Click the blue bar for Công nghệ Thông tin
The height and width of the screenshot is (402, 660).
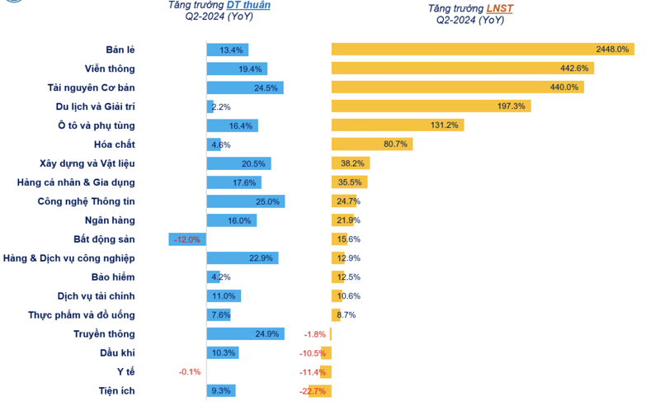pyautogui.click(x=246, y=201)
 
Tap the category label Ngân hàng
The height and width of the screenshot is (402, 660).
pyautogui.click(x=110, y=220)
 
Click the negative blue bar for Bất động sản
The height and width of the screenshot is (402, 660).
pyautogui.click(x=187, y=239)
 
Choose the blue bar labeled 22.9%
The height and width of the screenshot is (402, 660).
pyautogui.click(x=242, y=258)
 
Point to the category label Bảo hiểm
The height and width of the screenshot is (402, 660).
pyautogui.click(x=113, y=277)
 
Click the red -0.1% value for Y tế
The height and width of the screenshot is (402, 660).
pyautogui.click(x=190, y=372)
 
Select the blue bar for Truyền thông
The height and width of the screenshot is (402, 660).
pyautogui.click(x=246, y=334)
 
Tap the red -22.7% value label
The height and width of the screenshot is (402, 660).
pyautogui.click(x=313, y=391)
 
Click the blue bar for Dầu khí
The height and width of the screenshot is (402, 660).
pyautogui.click(x=222, y=353)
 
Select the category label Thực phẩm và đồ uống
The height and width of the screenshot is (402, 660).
pyautogui.click(x=82, y=315)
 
